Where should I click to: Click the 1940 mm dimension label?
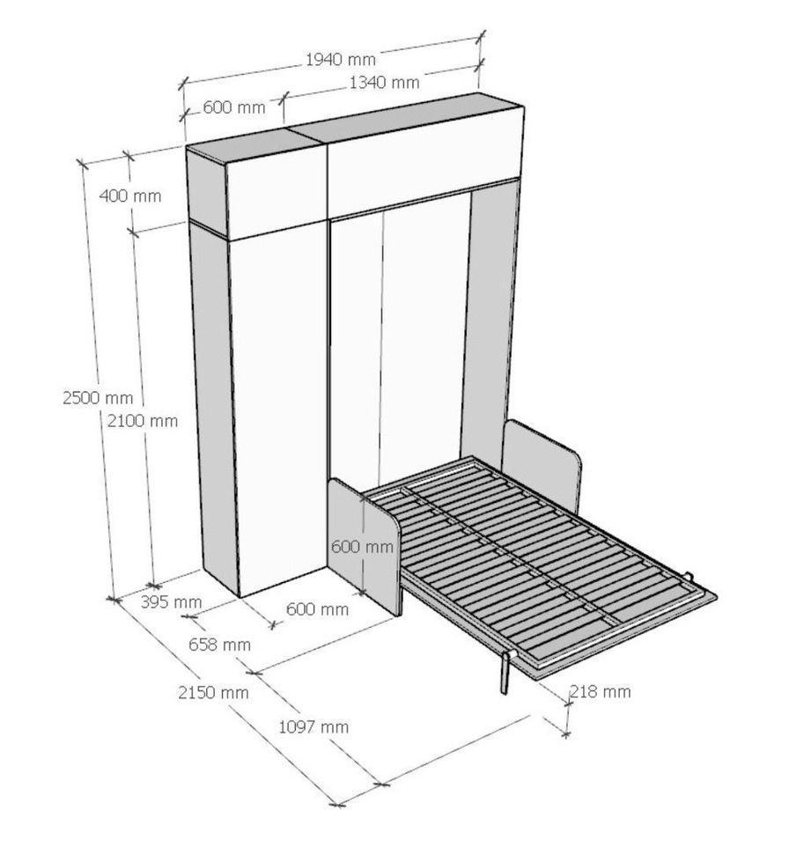point(340,59)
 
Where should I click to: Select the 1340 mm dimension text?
point(384,83)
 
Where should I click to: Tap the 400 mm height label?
point(129,195)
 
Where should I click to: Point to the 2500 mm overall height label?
point(98,398)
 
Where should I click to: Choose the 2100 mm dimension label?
point(142,421)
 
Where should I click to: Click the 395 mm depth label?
point(171,601)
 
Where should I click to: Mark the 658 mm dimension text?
point(219,644)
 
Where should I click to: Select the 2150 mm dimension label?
point(213,692)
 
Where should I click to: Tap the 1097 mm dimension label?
point(313,727)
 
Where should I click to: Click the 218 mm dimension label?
point(600,691)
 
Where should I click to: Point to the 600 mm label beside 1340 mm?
point(234,107)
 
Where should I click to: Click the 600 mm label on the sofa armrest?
point(362,547)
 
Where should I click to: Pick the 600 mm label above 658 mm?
point(317,609)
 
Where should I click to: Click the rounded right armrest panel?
point(541,466)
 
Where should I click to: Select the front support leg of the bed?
point(505,673)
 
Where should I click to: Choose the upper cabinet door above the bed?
point(424,159)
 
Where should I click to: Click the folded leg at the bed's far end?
point(691,578)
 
